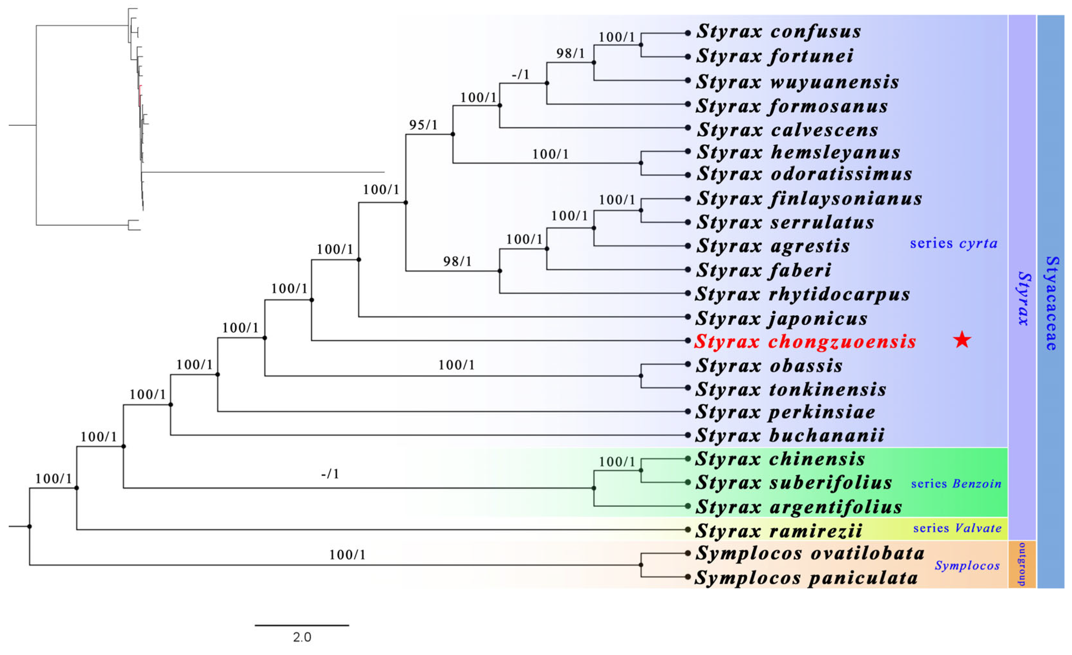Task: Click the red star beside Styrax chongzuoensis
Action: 962,340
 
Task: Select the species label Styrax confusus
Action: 779,31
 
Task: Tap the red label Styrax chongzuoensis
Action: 805,341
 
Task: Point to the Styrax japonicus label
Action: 781,318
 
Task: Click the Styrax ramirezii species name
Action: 779,531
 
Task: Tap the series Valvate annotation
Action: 957,528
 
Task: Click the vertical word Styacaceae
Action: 1051,303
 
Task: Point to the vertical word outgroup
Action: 1022,564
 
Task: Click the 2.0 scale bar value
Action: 302,638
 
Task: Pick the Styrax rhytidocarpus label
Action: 802,295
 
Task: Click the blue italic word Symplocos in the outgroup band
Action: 967,566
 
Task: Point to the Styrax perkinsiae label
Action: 785,412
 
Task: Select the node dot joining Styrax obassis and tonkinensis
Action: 641,376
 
